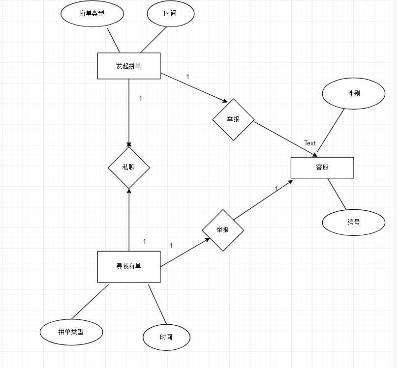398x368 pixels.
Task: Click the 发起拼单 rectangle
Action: pos(128,66)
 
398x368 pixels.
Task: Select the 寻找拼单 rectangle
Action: pos(128,267)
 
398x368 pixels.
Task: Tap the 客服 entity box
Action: pos(322,168)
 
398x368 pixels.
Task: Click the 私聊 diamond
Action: pos(128,167)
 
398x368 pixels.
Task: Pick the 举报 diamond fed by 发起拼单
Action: pos(233,119)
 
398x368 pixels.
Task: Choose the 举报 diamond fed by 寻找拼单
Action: pos(223,230)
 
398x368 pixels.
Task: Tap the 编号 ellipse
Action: pos(353,222)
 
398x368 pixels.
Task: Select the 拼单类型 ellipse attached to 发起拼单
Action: pos(92,14)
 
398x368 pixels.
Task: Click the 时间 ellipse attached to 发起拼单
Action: pos(170,14)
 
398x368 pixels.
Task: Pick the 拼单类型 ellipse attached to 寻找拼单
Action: pos(71,332)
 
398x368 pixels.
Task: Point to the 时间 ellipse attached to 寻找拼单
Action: pos(166,338)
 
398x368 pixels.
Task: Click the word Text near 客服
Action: pos(310,143)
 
